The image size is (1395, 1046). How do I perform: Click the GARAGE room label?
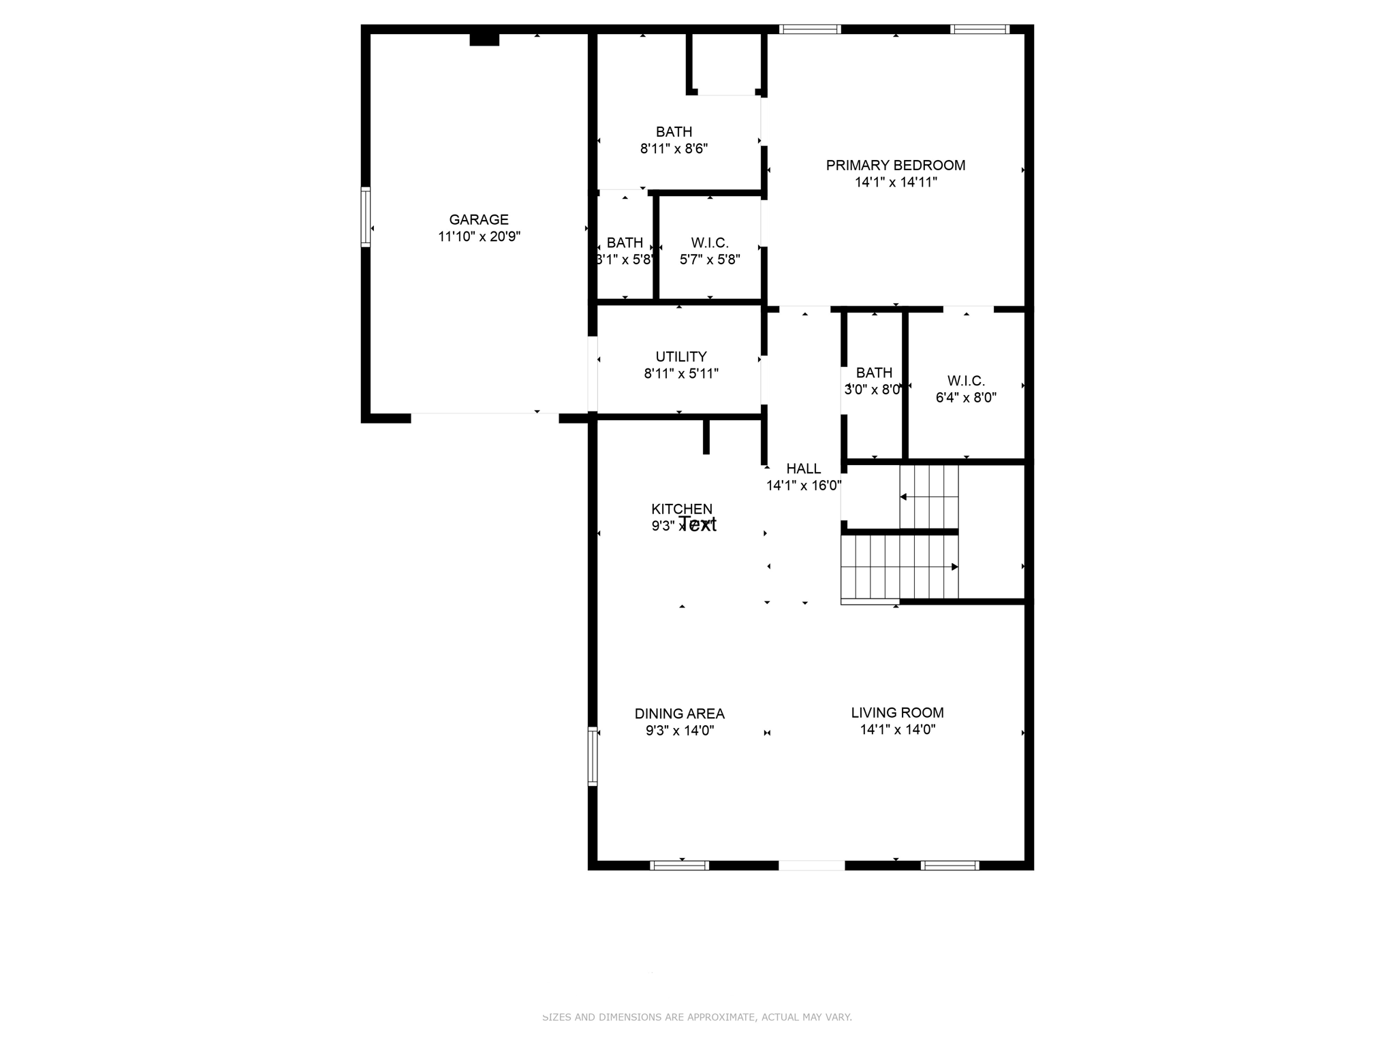tap(478, 220)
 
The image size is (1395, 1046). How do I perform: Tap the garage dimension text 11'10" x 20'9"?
tap(479, 237)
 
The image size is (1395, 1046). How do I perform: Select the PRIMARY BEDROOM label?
tap(895, 165)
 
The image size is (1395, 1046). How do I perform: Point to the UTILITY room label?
tap(680, 357)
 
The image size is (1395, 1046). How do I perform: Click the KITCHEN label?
tap(681, 509)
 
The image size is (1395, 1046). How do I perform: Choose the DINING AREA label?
tap(679, 714)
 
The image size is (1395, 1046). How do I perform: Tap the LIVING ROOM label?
tap(897, 713)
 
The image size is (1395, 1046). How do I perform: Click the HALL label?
tap(803, 469)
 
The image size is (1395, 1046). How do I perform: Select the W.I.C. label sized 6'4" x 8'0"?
tap(965, 381)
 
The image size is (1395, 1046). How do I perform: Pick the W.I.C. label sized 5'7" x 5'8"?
tap(709, 243)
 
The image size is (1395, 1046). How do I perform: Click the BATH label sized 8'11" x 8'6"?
tap(674, 132)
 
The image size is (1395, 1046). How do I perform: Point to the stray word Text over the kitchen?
tap(698, 524)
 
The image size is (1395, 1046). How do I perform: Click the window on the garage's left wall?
tap(366, 217)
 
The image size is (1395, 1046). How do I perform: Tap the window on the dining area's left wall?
tap(593, 756)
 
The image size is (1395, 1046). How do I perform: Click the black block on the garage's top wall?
tap(484, 39)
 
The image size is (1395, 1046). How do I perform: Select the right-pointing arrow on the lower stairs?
tap(954, 567)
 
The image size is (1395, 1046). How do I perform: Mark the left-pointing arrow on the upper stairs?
tap(904, 497)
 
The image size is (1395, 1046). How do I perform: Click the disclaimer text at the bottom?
tap(697, 1017)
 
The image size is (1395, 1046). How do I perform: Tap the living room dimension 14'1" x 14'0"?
tap(897, 730)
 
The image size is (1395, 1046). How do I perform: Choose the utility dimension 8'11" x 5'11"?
tap(680, 374)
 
